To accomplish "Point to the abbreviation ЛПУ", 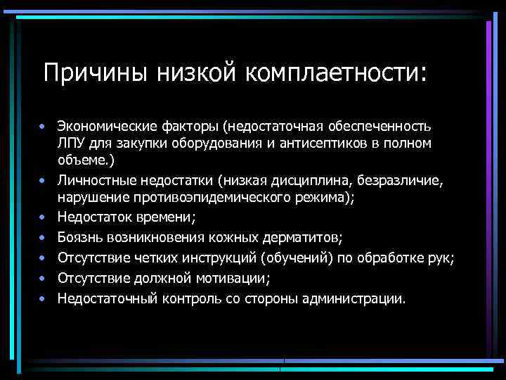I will point(70,144).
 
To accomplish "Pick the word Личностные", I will point(91,182).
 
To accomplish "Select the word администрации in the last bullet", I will point(353,298).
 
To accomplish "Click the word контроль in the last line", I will point(183,298).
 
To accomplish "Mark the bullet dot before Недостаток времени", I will point(42,217).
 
